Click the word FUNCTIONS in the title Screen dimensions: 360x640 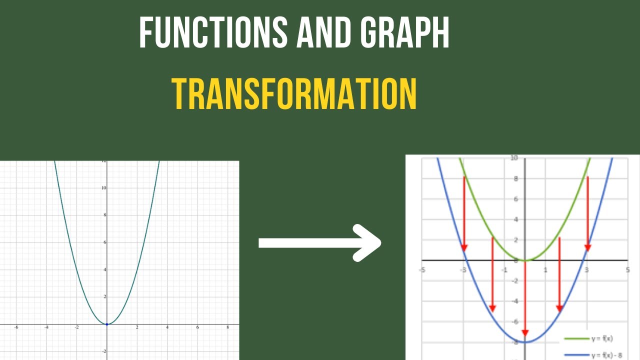213,32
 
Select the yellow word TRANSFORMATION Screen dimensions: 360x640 294,94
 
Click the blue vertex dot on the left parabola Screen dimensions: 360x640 106,324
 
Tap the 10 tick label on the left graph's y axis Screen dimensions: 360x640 103,188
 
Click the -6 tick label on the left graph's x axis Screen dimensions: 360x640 16,328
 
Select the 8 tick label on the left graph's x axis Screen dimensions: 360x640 228,328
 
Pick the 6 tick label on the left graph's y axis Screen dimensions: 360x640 103,242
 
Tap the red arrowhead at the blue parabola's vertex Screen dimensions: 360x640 525,333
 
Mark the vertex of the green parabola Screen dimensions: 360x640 525,260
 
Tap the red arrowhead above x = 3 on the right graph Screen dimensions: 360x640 587,247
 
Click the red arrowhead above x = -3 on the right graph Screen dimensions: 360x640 464,247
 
